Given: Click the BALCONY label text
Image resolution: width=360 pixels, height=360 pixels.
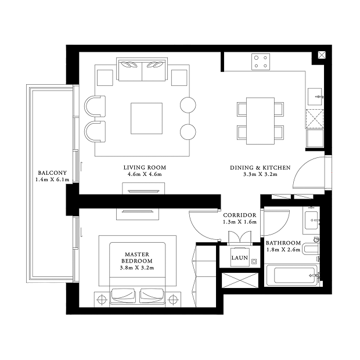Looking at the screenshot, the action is [x=52, y=172].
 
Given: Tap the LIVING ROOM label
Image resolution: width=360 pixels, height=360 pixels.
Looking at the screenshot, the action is [x=145, y=168].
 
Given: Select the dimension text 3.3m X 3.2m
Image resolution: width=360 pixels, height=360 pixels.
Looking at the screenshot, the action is [x=260, y=174].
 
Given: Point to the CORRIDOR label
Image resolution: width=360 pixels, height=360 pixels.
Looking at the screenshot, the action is [x=240, y=215].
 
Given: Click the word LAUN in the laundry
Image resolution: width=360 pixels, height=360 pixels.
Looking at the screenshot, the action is [x=239, y=258].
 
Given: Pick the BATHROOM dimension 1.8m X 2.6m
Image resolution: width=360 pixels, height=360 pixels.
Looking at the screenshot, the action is [x=283, y=250].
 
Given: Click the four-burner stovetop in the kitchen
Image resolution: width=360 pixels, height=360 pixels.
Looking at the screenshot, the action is [x=261, y=62].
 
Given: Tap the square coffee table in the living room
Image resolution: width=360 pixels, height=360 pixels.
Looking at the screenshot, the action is [x=146, y=118].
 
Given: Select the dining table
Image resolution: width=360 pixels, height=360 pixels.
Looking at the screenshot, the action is [x=260, y=121].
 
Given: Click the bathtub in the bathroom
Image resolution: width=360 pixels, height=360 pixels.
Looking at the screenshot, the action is [x=292, y=275].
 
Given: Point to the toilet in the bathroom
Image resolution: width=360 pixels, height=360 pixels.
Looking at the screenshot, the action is [x=311, y=249].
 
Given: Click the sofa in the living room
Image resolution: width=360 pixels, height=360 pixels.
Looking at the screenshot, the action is [x=142, y=69].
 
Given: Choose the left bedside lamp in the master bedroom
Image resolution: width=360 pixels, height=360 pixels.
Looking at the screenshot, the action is [x=102, y=300].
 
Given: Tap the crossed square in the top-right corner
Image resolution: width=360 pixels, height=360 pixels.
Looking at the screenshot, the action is [x=322, y=55].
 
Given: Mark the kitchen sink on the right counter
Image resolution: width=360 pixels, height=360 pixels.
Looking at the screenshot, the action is [x=315, y=96].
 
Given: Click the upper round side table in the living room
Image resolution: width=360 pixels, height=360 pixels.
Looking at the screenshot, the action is [x=188, y=105].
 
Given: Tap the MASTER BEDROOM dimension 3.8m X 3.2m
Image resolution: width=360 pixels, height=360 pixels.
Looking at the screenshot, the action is [x=137, y=268].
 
